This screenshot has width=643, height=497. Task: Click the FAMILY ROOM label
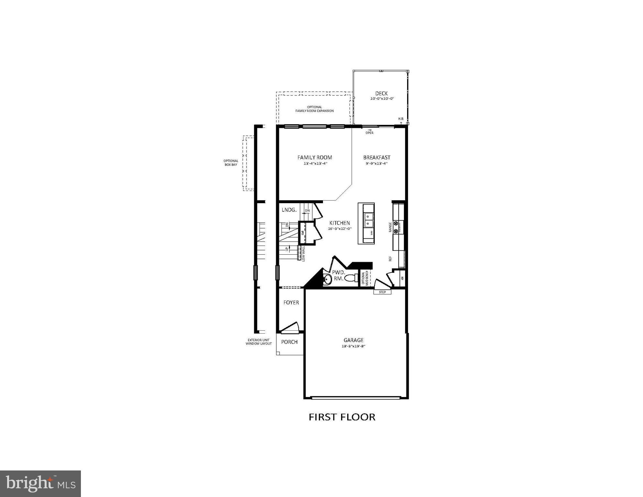pyautogui.click(x=315, y=158)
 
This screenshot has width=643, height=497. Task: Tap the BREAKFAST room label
pyautogui.click(x=377, y=158)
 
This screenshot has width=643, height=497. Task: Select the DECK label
pyautogui.click(x=381, y=94)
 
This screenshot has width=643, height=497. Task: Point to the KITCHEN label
pyautogui.click(x=339, y=223)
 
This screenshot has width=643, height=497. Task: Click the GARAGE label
pyautogui.click(x=353, y=340)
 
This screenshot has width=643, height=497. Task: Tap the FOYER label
pyautogui.click(x=291, y=303)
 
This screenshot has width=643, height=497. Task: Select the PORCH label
pyautogui.click(x=289, y=342)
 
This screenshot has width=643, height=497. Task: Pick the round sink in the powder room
pyautogui.click(x=327, y=279)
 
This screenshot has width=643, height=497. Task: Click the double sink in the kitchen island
pyautogui.click(x=368, y=220)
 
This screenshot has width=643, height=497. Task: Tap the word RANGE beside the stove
pyautogui.click(x=390, y=227)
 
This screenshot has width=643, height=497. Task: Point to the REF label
pyautogui.click(x=390, y=259)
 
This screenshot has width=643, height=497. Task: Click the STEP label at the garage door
pyautogui.click(x=382, y=292)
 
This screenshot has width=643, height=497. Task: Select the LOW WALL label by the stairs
pyautogui.click(x=304, y=253)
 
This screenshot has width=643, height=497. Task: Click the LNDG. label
pyautogui.click(x=289, y=210)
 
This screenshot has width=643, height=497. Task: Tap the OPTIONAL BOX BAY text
pyautogui.click(x=231, y=163)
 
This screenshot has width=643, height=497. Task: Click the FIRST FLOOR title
pyautogui.click(x=342, y=417)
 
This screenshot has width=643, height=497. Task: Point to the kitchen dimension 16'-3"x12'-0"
pyautogui.click(x=339, y=229)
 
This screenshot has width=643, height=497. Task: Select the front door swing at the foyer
pyautogui.click(x=290, y=327)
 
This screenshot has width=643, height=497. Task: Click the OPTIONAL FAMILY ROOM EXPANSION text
pyautogui.click(x=314, y=109)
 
